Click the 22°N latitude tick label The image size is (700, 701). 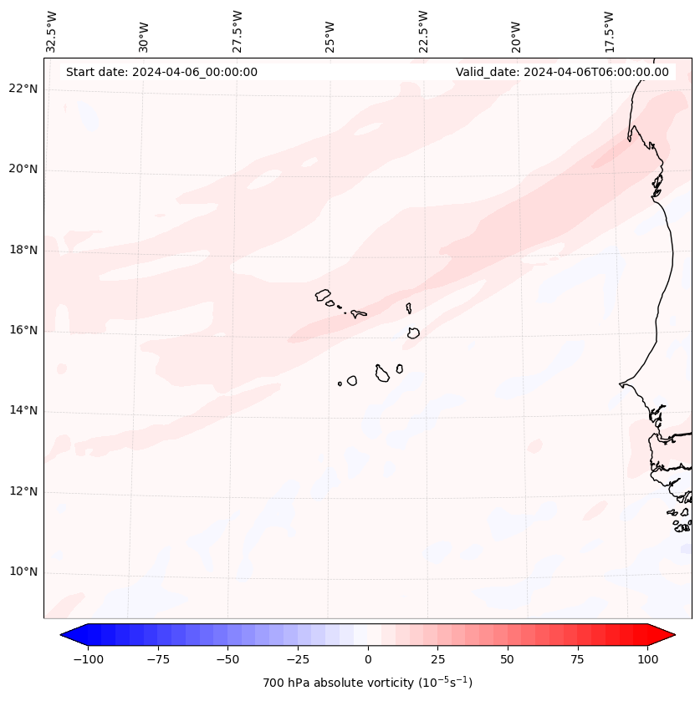tap(23, 89)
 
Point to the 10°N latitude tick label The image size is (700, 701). tap(23, 572)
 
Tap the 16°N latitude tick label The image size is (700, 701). tap(23, 331)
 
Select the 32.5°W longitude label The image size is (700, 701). tap(52, 31)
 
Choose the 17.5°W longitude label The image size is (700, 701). tap(609, 31)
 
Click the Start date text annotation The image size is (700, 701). tap(161, 72)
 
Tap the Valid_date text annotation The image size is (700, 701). tap(562, 72)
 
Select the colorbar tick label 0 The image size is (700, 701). tap(368, 659)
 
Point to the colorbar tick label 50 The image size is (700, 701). tap(507, 659)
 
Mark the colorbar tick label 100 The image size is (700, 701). tap(646, 659)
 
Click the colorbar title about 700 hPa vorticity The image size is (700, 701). tap(368, 683)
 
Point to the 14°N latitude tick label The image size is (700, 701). tap(23, 411)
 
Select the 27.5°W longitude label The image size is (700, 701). tap(238, 31)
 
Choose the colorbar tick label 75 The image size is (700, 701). tap(577, 659)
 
